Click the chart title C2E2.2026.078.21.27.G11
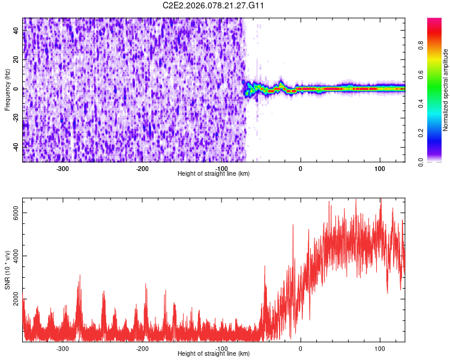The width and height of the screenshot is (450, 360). (214, 6)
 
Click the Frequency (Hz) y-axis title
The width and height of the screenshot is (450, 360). (7, 90)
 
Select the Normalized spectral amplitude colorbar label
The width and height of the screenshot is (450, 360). (446, 90)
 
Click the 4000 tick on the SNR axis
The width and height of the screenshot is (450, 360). (14, 256)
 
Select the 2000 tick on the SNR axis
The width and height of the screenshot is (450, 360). (14, 299)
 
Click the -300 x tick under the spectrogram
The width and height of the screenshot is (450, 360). (63, 169)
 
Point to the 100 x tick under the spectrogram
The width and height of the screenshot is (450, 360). (380, 169)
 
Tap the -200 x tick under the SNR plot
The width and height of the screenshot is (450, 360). (142, 349)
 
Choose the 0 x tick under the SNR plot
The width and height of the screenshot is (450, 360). (301, 349)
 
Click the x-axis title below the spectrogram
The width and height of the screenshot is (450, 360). (214, 174)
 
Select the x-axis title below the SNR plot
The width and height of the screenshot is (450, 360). (214, 354)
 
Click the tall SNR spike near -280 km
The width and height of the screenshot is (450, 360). (79, 277)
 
